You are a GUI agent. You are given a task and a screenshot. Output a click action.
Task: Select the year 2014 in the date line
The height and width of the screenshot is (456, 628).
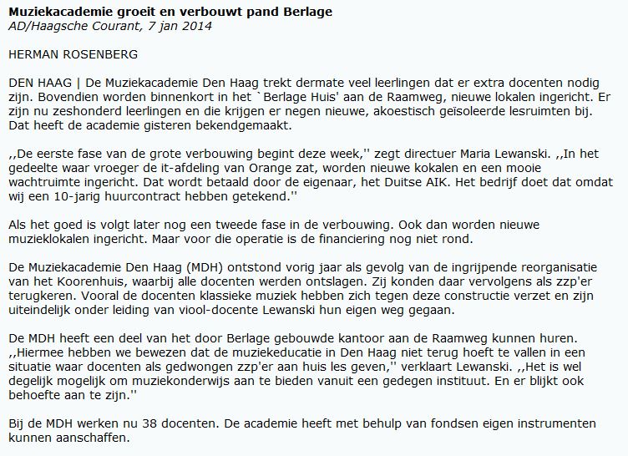click(197, 26)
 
